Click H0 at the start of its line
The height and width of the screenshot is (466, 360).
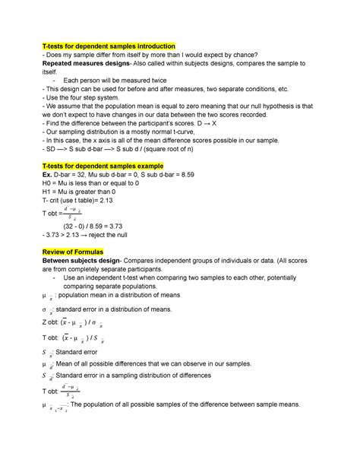50,182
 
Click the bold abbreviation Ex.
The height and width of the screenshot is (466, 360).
49,173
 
